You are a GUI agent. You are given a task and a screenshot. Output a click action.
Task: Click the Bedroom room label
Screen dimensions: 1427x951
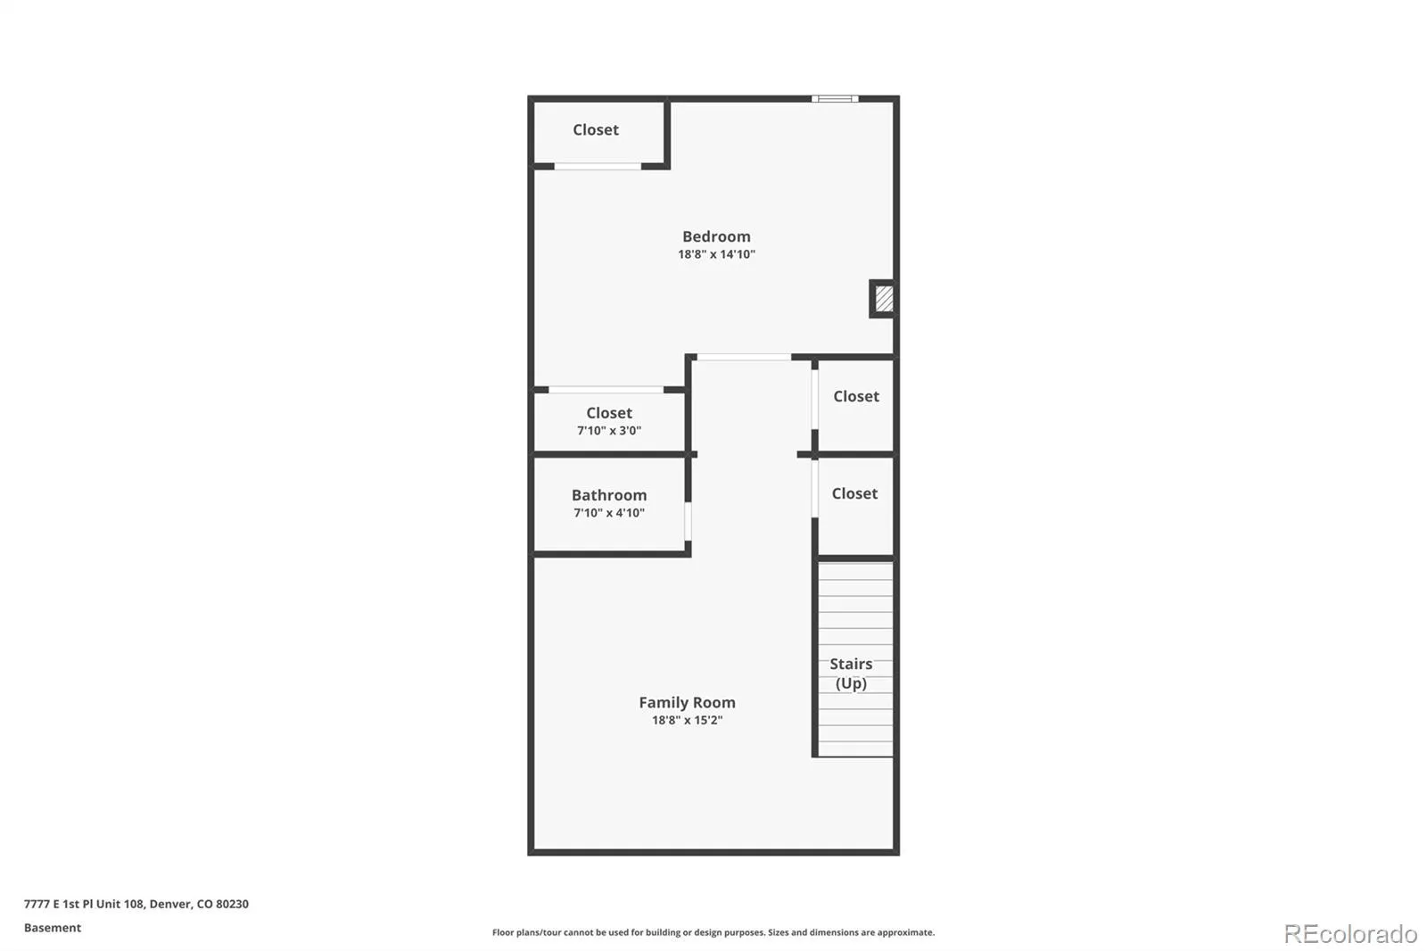[x=716, y=236]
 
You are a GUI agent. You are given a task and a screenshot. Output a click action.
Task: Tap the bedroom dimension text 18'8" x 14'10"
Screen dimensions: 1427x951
[x=716, y=254]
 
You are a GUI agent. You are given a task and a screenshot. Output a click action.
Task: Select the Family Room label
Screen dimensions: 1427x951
[x=687, y=702]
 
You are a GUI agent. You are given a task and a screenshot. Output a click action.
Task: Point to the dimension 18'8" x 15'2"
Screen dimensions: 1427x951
[x=687, y=720]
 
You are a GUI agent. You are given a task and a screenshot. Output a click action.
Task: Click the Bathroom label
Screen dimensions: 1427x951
[x=609, y=495]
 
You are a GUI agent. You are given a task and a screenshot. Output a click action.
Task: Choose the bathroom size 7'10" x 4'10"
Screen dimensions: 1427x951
[x=609, y=513]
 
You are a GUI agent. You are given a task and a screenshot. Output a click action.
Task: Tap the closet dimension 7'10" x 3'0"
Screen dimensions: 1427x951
[x=609, y=431]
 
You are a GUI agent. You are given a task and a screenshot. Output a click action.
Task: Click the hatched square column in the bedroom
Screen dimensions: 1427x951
[x=883, y=298]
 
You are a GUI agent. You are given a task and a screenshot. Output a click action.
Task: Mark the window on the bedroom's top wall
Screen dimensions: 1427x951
[x=835, y=99]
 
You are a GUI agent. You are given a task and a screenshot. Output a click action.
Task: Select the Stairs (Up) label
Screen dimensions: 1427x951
[x=851, y=674]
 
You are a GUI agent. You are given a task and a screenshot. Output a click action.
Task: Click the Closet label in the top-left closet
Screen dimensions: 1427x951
[x=596, y=130]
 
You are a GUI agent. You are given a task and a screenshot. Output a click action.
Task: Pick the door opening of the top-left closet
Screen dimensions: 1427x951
[x=598, y=167]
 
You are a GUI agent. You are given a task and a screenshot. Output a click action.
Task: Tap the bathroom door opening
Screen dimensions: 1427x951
[x=688, y=521]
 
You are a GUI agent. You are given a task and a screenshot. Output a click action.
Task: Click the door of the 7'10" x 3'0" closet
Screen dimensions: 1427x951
[x=606, y=390]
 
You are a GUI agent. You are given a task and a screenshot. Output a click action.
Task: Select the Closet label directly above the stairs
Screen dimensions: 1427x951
[x=854, y=494]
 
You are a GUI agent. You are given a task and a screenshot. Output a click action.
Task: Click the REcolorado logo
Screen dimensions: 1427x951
[x=1350, y=934]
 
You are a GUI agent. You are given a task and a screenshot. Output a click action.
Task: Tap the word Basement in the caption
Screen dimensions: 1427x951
[x=53, y=928]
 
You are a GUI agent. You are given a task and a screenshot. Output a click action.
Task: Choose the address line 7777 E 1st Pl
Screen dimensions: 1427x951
[x=136, y=904]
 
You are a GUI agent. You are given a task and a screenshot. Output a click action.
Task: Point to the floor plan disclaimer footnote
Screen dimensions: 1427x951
[x=713, y=932]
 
